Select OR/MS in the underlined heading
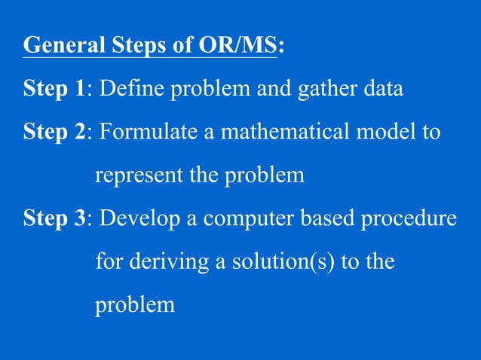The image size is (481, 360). (x=237, y=47)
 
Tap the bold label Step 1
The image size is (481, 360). (x=54, y=90)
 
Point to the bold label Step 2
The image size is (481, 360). (x=54, y=133)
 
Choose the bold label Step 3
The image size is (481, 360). (x=54, y=219)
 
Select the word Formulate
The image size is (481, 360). (x=140, y=133)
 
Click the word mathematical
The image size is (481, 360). (x=286, y=133)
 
